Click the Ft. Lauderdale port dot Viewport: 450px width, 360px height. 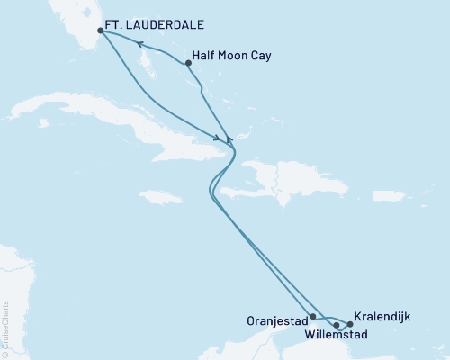pyautogui.click(x=100, y=31)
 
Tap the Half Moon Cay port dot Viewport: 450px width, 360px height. pyautogui.click(x=187, y=63)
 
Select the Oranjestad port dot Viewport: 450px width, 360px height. pyautogui.click(x=312, y=317)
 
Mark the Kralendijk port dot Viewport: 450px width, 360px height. pyautogui.click(x=350, y=324)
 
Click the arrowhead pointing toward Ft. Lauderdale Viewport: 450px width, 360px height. pyautogui.click(x=139, y=41)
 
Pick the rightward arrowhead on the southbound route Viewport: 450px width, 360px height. pyautogui.click(x=219, y=138)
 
